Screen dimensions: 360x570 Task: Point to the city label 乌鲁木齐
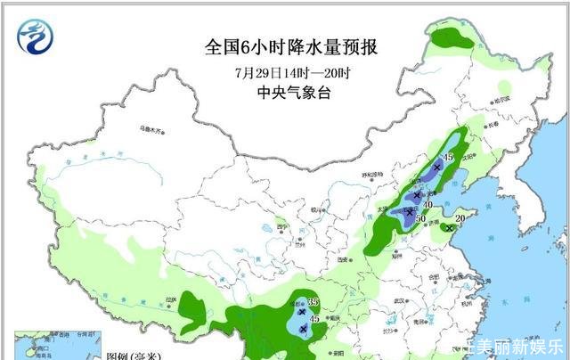[x=151, y=130]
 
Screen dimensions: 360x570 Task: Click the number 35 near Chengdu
[x=313, y=303]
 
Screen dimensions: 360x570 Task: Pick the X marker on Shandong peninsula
[x=449, y=228]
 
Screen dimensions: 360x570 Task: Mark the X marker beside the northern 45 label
[x=436, y=167]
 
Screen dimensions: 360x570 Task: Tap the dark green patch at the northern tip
[x=452, y=38]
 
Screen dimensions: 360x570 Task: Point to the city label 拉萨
[x=169, y=299]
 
